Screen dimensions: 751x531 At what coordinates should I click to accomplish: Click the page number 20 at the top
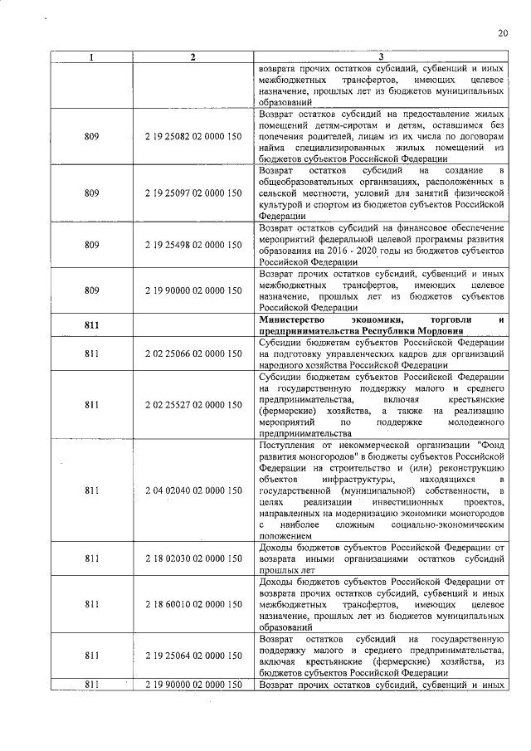[x=503, y=33]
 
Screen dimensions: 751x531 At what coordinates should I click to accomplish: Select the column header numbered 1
[x=92, y=56]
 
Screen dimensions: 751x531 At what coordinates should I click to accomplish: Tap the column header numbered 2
[x=192, y=56]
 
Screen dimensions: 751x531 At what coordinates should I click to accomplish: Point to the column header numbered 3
[x=382, y=56]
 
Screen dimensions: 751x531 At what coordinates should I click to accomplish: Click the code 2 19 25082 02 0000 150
[x=192, y=136]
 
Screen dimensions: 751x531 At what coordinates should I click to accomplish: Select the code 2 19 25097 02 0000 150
[x=192, y=193]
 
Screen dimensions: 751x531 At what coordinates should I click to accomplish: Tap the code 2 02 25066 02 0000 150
[x=192, y=354]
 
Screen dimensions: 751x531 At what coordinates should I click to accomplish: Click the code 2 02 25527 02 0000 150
[x=192, y=405]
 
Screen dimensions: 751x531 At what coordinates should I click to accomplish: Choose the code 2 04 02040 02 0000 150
[x=192, y=491]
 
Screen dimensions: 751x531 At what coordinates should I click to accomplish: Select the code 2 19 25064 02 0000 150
[x=192, y=656]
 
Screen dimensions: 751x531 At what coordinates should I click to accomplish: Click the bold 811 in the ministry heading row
[x=92, y=325]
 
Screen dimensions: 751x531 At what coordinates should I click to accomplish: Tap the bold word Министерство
[x=296, y=320]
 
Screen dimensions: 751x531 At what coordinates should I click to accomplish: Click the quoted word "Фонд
[x=485, y=446]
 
